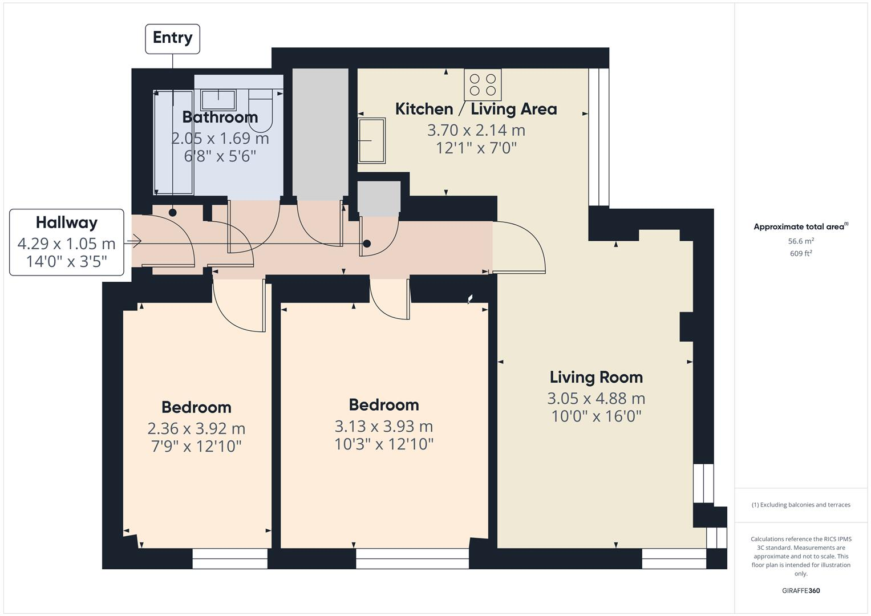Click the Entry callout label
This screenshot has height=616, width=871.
click(172, 38)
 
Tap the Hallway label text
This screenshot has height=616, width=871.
click(67, 222)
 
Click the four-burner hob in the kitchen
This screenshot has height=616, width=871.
click(483, 84)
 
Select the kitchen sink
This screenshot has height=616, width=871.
click(371, 140)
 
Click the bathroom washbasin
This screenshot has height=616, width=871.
click(218, 99)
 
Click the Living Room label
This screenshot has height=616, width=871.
click(596, 377)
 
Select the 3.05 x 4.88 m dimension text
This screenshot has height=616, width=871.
click(596, 398)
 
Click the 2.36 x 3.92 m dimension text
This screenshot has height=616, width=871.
click(196, 428)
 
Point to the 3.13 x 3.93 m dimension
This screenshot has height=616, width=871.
click(384, 426)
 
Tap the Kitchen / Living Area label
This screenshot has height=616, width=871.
click(476, 109)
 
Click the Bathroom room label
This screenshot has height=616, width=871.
click(220, 117)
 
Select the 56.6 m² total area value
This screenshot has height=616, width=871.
click(801, 241)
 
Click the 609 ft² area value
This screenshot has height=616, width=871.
click(801, 254)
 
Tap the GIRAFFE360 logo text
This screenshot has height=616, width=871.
click(801, 590)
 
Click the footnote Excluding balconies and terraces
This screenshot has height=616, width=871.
click(801, 505)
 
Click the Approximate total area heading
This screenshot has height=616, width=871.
click(800, 226)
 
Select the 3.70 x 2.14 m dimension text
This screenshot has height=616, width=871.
click(476, 130)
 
